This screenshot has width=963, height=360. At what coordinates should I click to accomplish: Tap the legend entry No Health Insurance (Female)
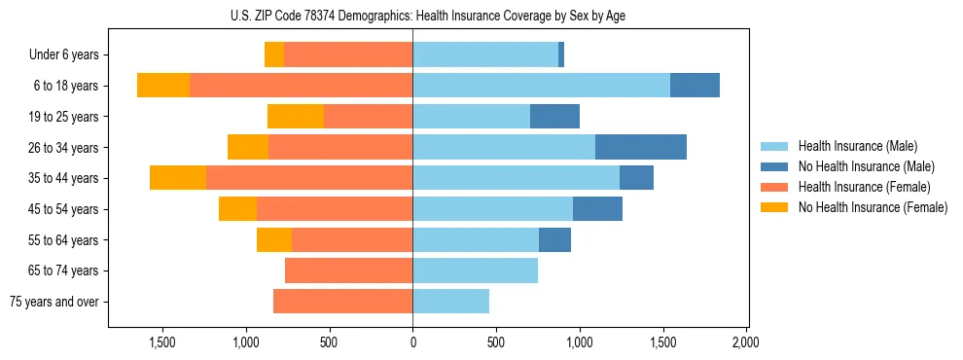872,207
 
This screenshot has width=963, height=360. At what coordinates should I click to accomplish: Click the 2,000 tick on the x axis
746,342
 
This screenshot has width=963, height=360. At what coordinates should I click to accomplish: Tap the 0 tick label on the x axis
412,342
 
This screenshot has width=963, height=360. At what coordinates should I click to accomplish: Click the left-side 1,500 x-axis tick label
162,342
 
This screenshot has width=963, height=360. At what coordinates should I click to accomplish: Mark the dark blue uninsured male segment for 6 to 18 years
695,86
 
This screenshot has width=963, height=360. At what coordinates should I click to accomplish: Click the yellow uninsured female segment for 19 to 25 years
296,117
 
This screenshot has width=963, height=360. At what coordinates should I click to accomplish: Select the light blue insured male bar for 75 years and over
450,302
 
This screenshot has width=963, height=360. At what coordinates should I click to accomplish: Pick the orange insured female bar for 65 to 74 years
348,270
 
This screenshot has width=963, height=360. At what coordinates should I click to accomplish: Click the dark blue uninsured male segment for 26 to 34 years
641,147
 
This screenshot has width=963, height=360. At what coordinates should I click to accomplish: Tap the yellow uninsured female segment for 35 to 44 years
178,178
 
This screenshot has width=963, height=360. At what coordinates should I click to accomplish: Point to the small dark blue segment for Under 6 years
561,54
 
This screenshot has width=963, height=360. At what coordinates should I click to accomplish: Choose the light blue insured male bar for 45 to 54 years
492,209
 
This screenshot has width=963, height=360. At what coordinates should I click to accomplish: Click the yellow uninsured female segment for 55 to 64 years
274,239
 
